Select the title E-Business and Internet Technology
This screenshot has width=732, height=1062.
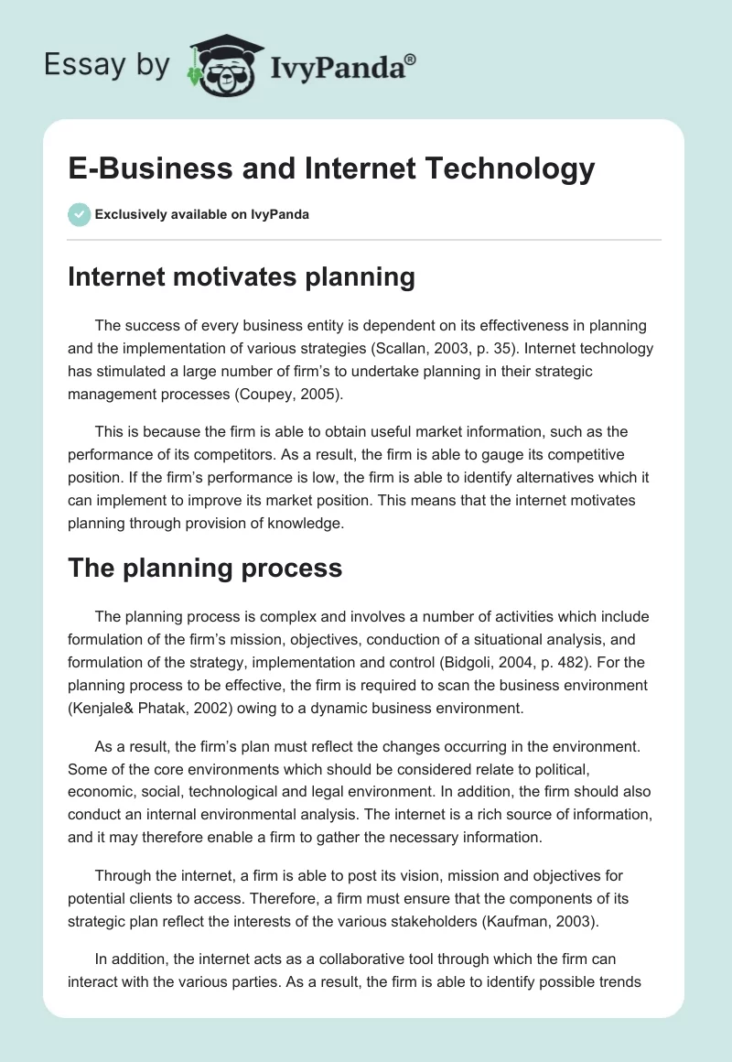331,168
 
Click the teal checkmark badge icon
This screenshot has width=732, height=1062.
79,214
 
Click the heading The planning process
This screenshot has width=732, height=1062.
205,568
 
